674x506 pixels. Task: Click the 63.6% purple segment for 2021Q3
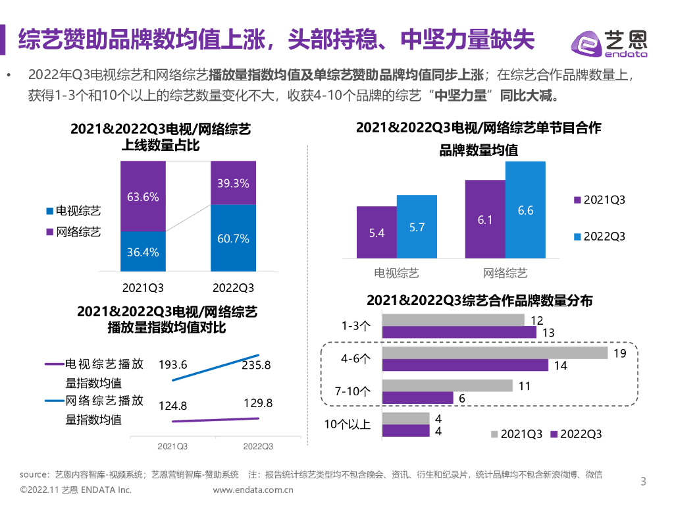143,196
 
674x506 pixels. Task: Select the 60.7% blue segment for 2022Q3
233,238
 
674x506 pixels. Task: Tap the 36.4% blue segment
143,251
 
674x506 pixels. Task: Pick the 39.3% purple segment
233,183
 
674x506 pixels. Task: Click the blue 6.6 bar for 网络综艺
525,210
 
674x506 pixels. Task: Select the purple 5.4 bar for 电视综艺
376,233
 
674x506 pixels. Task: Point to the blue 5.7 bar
417,227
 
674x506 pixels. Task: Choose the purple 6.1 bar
484,219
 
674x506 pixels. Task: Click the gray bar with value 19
494,353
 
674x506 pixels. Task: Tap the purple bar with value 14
465,365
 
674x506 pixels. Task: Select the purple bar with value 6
417,398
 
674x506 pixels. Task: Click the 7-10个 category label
353,391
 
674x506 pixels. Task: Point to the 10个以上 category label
347,424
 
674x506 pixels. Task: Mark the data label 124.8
173,405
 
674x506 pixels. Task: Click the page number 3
644,482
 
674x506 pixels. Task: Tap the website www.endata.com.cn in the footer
253,490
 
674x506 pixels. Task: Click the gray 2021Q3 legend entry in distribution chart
517,434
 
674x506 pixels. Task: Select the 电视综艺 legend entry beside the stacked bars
73,211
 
